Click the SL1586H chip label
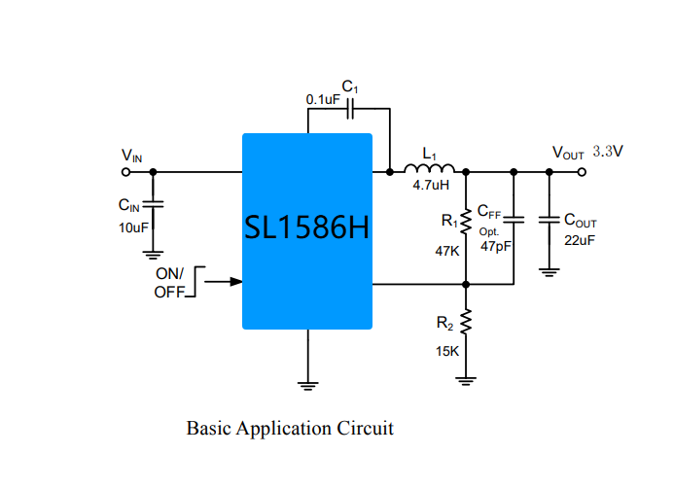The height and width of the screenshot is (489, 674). coord(306,227)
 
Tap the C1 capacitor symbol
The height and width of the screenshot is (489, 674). coord(350,109)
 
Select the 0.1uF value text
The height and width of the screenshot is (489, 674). coord(323,100)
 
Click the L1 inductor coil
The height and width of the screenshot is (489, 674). coord(429,168)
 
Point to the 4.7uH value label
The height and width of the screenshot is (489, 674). coord(431,186)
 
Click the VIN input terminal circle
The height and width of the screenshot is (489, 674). coord(125,172)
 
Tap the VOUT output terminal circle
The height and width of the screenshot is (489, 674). coord(582,172)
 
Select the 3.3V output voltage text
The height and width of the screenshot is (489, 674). coord(608,152)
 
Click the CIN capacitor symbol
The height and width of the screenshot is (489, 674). coord(153,204)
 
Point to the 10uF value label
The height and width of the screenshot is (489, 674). coord(133,227)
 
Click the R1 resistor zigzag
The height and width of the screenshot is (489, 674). coord(466,223)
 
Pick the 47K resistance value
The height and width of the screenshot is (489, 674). coord(447,251)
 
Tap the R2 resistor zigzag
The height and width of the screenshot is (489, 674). coord(466,322)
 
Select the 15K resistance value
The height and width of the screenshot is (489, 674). coord(447,352)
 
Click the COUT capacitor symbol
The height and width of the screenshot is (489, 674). coord(549,220)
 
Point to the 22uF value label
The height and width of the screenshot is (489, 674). coord(580,241)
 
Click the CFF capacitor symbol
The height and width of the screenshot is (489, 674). coord(514,220)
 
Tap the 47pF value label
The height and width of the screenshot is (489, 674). coord(496,247)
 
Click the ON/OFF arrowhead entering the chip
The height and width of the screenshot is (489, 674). coord(236,282)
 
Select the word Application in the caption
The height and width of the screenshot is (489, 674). coord(283,429)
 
